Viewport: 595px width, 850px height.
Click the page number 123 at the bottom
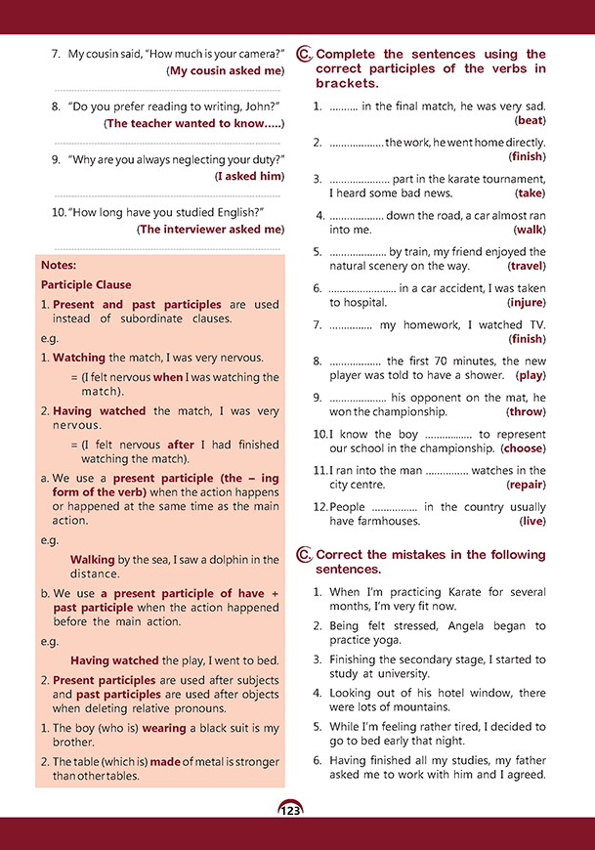pos(289,810)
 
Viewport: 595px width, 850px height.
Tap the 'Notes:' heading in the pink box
pos(59,265)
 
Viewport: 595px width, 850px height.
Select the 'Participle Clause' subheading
pos(86,285)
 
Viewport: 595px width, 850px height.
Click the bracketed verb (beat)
pos(530,120)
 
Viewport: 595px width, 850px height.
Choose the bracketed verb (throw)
pos(525,412)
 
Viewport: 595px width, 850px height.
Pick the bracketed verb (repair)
pos(526,485)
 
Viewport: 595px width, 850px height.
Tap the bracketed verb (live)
pos(531,522)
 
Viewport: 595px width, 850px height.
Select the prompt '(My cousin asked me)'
pos(225,70)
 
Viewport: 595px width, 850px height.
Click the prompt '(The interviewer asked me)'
pos(210,230)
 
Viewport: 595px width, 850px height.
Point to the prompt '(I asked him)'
pos(249,176)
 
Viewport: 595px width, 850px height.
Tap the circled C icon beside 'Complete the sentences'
pos(304,56)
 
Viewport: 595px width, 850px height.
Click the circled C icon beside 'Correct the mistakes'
pos(304,556)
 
